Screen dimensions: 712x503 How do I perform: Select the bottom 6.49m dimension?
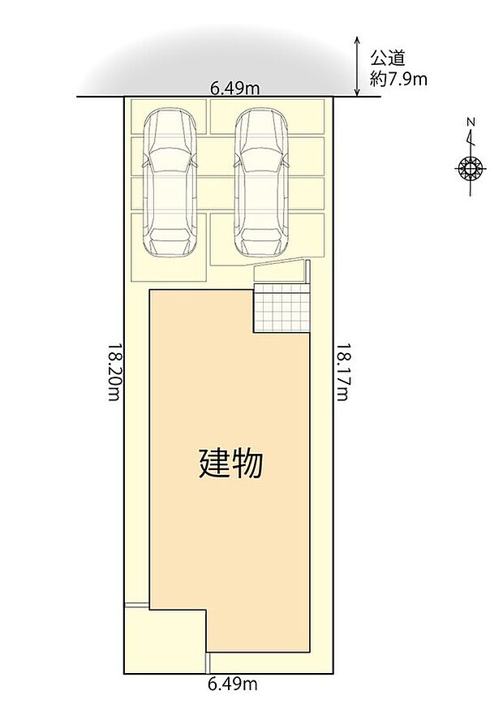point(233,684)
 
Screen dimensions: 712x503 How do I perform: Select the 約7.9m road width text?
point(399,79)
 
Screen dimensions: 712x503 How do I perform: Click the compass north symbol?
point(470,169)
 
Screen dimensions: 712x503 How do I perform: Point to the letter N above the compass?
point(471,123)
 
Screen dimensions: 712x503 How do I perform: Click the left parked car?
point(170,183)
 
